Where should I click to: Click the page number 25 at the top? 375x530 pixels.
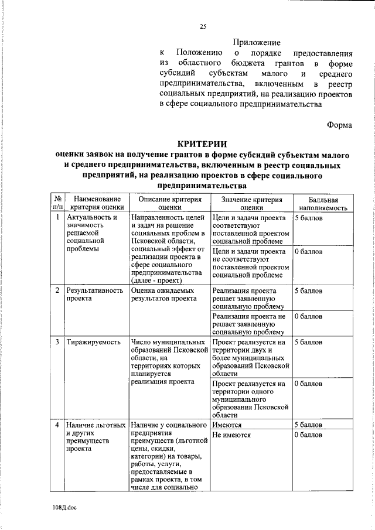coord(203,26)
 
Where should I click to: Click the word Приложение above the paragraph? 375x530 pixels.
coord(257,42)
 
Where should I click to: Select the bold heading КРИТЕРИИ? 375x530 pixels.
coord(202,145)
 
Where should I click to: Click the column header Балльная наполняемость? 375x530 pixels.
coord(323,203)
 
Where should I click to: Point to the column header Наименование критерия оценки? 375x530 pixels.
coord(97,203)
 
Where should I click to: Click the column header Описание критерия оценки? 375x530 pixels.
coord(169,203)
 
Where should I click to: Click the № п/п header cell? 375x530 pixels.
coord(57,203)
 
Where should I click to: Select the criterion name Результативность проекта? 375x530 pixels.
coord(94,294)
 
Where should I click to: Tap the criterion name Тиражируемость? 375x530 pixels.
coord(93,341)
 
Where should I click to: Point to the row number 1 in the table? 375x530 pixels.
coord(57,218)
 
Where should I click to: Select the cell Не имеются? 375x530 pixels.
coord(232,435)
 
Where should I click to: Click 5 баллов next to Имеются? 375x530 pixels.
coord(308,425)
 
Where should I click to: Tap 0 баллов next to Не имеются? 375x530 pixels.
coord(308,435)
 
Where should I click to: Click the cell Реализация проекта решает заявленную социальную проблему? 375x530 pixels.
coord(249,298)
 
